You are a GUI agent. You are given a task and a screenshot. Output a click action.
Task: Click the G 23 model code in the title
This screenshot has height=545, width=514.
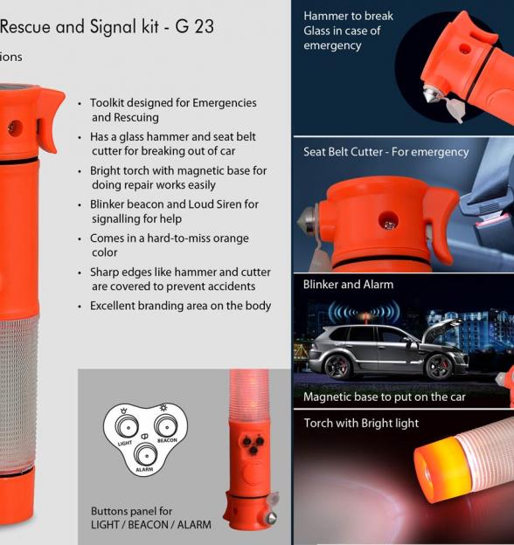(194, 26)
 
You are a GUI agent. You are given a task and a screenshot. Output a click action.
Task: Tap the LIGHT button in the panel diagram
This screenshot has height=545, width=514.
(126, 426)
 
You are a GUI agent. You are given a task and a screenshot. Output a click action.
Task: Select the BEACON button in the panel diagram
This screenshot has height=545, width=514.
(166, 425)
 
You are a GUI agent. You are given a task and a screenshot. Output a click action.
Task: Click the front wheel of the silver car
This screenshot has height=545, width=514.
(439, 367)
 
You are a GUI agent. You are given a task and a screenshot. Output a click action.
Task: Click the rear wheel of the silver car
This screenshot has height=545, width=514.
(337, 366)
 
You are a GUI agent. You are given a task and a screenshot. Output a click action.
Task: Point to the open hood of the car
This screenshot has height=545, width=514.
(439, 328)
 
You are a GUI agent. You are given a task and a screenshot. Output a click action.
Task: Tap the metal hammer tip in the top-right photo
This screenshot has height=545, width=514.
(430, 94)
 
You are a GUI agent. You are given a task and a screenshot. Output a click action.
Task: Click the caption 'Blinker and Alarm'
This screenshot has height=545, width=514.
(348, 285)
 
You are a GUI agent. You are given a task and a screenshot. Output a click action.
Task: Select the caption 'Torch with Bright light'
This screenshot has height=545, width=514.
(361, 424)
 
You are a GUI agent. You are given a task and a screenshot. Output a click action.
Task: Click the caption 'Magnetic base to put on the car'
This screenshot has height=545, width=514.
(385, 397)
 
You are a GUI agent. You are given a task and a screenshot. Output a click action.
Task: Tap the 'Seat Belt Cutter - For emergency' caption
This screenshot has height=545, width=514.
(386, 152)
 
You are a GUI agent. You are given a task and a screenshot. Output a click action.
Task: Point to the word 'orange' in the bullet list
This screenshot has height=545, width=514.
(231, 238)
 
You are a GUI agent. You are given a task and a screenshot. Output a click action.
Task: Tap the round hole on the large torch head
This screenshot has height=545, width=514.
(15, 128)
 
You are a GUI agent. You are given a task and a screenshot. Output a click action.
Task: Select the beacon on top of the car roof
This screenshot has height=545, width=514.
(365, 316)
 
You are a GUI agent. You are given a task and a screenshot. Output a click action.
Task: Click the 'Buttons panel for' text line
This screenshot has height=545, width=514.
(131, 511)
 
